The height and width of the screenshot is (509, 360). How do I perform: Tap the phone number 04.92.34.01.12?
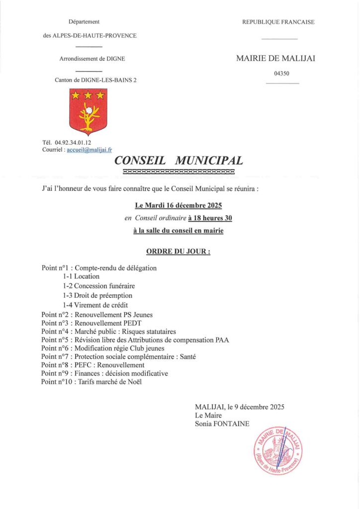tap(73, 143)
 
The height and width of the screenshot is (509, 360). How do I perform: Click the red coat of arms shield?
tap(88, 112)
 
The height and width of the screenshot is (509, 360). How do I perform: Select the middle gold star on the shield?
tap(88, 94)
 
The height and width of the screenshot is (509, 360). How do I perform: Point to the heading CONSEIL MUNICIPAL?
tap(179, 161)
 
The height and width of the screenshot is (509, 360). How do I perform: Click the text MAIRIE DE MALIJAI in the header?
tap(275, 58)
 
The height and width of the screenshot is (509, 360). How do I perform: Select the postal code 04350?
tap(281, 74)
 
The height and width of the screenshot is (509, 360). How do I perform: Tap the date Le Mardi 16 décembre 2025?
tap(179, 205)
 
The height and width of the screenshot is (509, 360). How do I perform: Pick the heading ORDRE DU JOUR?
tap(179, 252)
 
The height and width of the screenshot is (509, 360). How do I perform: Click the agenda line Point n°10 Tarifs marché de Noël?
tap(91, 381)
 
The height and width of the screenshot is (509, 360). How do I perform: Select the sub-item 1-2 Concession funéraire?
tap(98, 286)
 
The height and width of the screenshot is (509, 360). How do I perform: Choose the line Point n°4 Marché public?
tap(108, 332)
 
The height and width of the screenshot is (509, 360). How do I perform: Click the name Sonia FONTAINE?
tap(223, 424)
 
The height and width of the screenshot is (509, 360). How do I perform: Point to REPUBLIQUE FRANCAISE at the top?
tap(278, 22)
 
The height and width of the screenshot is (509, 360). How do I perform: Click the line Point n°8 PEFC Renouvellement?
tap(93, 365)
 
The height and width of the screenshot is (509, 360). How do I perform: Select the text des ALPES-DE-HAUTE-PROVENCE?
tap(90, 35)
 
